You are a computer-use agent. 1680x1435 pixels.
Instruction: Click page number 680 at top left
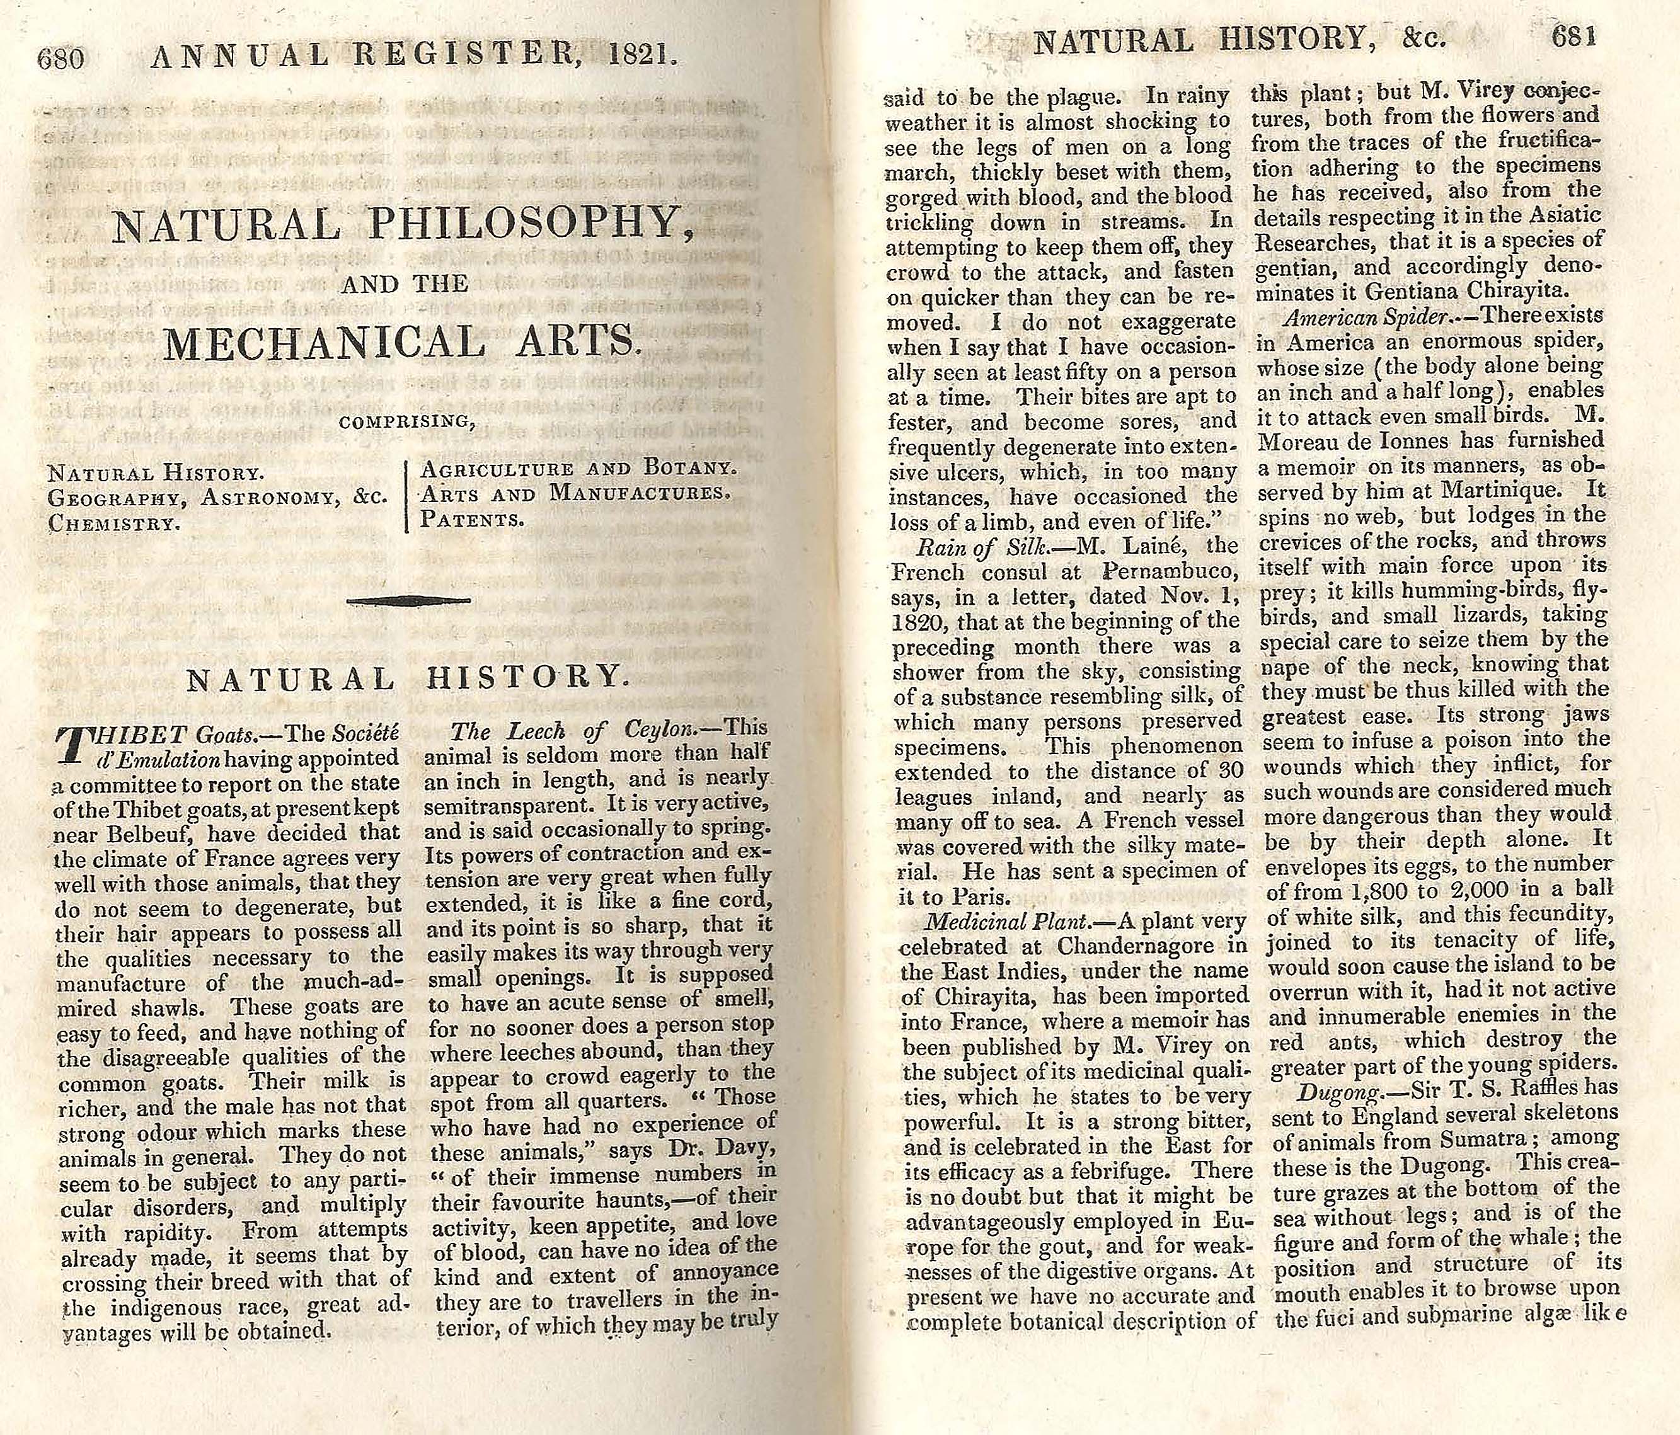[x=61, y=59]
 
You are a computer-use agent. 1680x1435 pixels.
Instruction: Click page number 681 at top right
[x=1574, y=38]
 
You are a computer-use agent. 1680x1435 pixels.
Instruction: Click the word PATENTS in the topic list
[x=471, y=519]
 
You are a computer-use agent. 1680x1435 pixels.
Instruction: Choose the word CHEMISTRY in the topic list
[x=113, y=523]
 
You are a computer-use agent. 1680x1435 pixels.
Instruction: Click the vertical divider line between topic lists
[x=405, y=496]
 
